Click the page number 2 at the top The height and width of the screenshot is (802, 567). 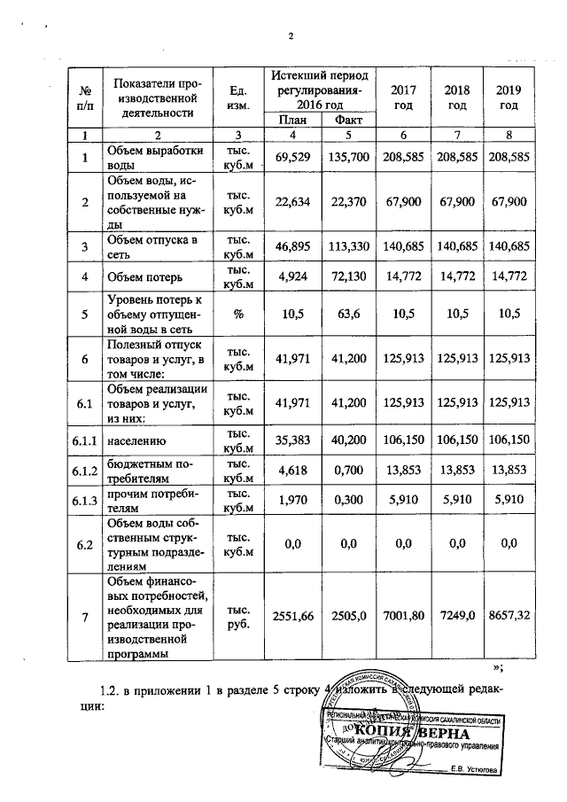290,35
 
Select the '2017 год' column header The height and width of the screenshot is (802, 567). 403,97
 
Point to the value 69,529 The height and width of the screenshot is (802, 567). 292,157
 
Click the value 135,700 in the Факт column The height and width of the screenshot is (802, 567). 347,157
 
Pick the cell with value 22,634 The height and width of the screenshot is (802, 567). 292,201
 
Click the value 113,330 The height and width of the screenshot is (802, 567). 347,245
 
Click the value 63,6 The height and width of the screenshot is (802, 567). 347,313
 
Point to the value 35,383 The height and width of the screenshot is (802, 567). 292,439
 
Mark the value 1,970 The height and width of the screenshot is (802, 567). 292,502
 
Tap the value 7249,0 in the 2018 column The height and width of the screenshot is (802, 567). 457,614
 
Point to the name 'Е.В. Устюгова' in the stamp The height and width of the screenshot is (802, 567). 474,768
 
